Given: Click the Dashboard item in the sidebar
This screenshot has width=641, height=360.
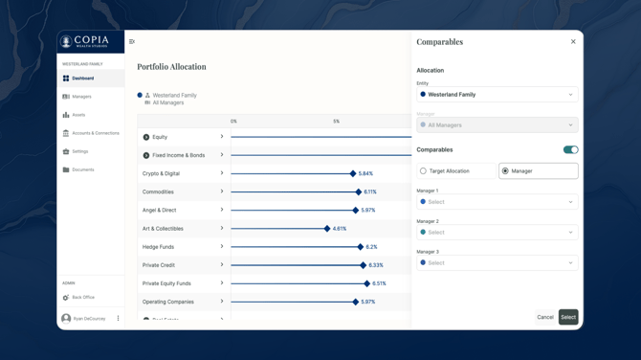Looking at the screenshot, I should (83, 79).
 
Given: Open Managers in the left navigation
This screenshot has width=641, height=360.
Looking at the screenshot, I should (81, 97).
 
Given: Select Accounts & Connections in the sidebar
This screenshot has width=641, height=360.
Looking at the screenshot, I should (95, 133).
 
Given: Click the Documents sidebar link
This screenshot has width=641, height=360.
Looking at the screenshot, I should (82, 169).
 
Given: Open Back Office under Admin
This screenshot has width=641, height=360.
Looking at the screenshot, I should (83, 298).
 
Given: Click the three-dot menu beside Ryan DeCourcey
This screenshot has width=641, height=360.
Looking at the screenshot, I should (119, 319).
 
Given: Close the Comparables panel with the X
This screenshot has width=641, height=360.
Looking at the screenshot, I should (573, 42).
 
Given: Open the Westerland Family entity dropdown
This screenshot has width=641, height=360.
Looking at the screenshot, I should (497, 95).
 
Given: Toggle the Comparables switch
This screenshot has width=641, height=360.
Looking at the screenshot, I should (570, 150).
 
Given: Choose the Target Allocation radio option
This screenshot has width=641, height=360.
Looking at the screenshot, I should (424, 171).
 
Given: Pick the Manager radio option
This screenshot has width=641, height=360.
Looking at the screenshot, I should (505, 171).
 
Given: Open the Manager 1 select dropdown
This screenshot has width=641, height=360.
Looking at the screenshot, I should (497, 202).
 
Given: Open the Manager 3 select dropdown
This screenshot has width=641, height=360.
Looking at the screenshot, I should (497, 262).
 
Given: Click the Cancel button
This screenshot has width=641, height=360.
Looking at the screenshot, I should (544, 317).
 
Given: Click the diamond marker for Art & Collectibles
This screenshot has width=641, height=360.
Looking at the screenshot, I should (327, 229).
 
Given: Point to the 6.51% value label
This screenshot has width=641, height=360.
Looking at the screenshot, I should (380, 283).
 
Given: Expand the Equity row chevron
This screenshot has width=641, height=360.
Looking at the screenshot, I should (222, 137).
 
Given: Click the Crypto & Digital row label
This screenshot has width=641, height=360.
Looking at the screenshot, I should (161, 173).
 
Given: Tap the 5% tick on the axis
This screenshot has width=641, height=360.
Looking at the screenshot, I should (336, 122).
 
